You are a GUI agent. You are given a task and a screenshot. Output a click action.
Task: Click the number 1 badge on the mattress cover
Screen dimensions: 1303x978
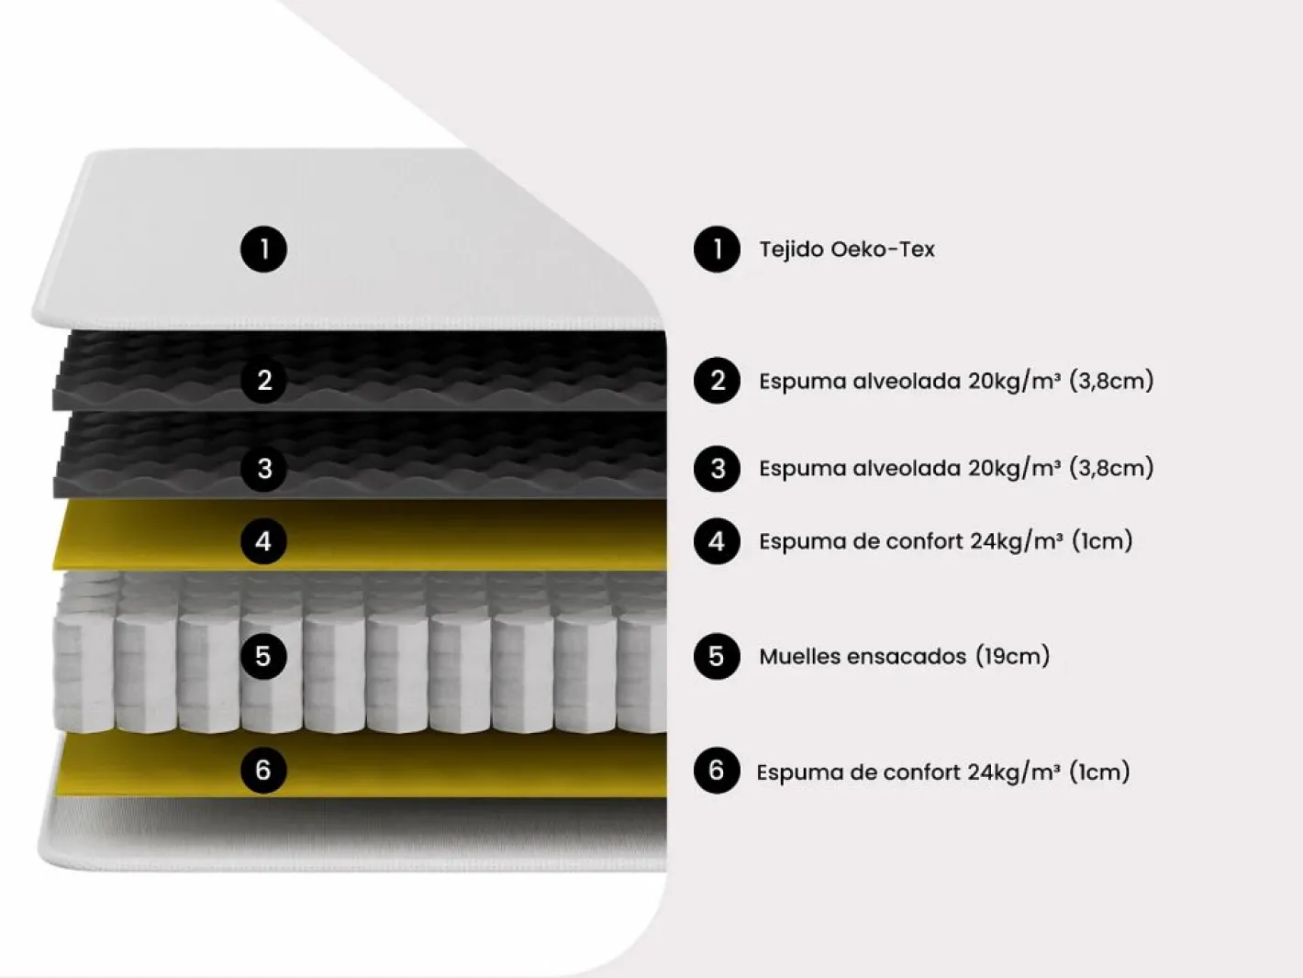click(263, 250)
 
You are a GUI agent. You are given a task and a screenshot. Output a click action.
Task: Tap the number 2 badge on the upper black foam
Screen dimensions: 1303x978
click(264, 381)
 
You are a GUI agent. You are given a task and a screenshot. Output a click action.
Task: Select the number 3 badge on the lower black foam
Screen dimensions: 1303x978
click(264, 469)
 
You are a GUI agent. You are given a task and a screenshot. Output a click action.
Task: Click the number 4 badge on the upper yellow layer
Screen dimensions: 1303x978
click(263, 541)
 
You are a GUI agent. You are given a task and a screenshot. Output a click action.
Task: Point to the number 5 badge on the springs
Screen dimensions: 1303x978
click(263, 656)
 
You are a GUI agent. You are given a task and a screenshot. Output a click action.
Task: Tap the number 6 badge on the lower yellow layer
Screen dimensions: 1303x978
click(263, 771)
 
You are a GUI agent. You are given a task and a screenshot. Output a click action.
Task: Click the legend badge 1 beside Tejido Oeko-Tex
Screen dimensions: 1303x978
click(717, 250)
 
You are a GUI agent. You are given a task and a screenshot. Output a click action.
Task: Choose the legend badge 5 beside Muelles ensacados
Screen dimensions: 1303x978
click(717, 656)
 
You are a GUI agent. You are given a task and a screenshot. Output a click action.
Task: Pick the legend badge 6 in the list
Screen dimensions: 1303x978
click(717, 771)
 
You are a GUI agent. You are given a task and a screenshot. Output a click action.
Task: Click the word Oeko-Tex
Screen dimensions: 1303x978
click(883, 250)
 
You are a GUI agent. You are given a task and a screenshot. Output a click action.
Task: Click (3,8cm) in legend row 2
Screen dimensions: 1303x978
click(1112, 381)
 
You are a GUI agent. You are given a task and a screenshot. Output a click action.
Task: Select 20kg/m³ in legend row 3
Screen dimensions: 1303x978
click(1015, 469)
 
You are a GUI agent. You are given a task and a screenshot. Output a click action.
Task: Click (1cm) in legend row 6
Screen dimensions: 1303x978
click(1100, 772)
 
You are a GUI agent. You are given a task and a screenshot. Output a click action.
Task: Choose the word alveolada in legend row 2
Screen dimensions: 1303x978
click(908, 381)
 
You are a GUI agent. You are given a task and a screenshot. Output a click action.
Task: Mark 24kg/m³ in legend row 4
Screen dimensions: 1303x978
click(1017, 542)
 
